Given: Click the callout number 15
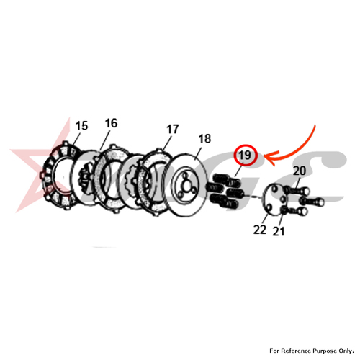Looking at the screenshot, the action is pos(81,126).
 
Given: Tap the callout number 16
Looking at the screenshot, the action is pos(111,123).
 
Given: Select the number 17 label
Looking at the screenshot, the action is pos(173,129).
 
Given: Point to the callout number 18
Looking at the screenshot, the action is pos(204,139).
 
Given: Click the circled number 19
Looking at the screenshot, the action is pos(246,156).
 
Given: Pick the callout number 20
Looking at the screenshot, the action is pos(300,171).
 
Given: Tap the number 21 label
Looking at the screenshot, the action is pos(279,231).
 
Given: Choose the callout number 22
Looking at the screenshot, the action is pos(260,230).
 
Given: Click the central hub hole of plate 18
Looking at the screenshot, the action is pos(186,187).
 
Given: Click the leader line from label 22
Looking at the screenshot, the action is pos(265,219).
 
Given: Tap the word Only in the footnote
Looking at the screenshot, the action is pos(346,351).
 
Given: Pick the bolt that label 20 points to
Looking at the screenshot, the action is pos(297,191).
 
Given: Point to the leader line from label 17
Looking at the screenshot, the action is pos(167,143).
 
